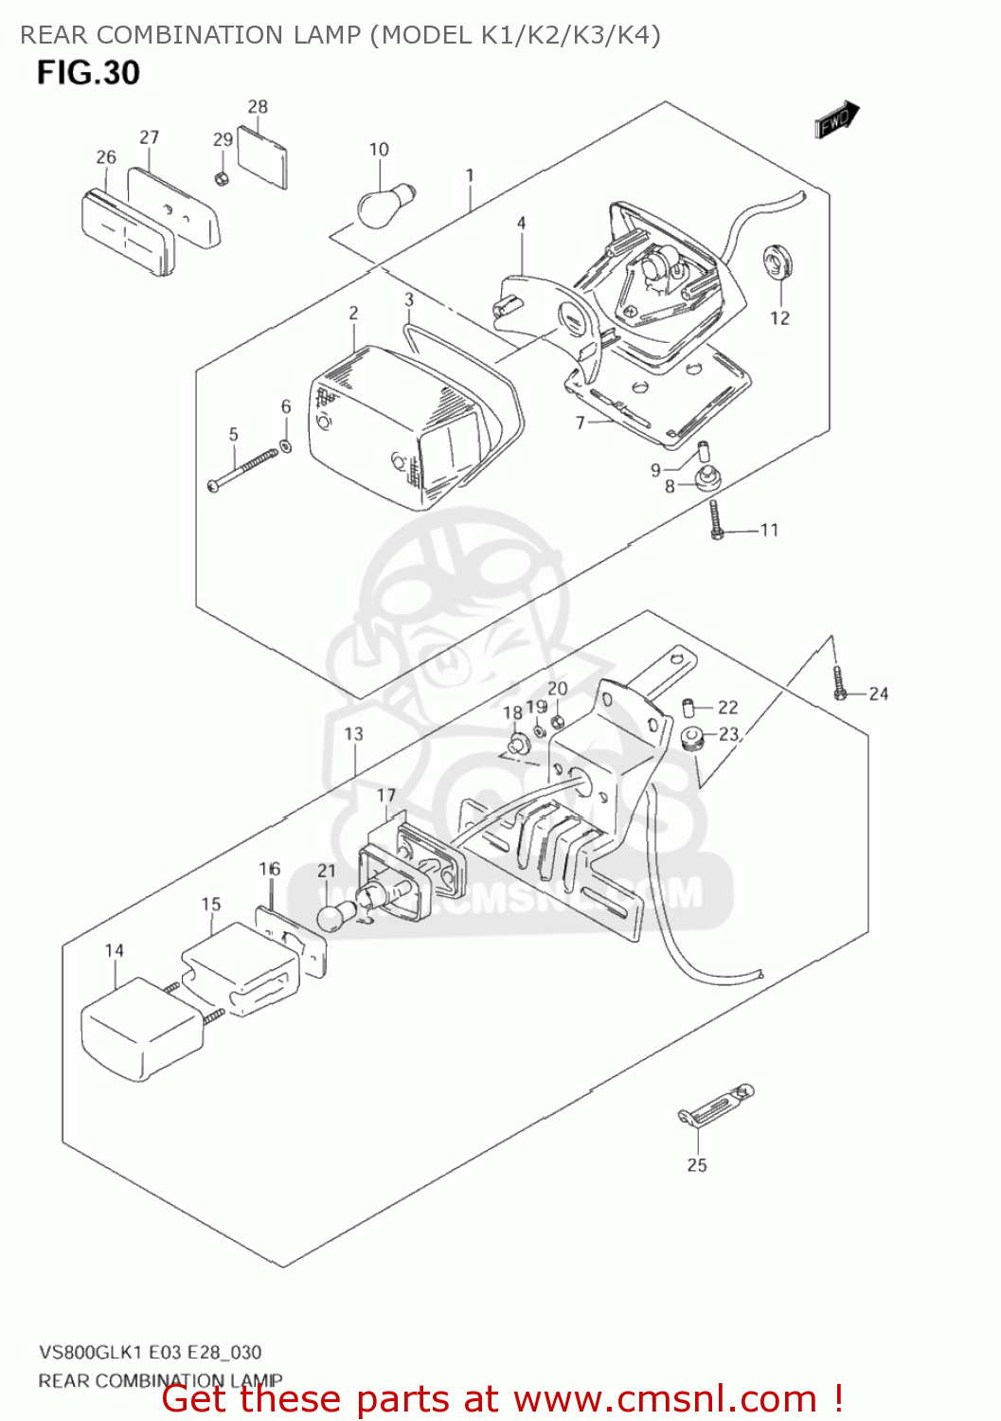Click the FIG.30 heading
(x=88, y=73)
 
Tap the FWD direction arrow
(x=837, y=119)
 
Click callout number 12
(x=779, y=318)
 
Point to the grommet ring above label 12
(x=779, y=261)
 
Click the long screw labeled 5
(x=242, y=470)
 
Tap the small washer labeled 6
(x=286, y=444)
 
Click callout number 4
(x=521, y=224)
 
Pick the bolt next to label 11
(x=716, y=520)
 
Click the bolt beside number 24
(x=840, y=683)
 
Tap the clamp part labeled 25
(x=716, y=1106)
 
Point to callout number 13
(x=353, y=734)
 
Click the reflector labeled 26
(x=129, y=232)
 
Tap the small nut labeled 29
(x=221, y=178)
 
